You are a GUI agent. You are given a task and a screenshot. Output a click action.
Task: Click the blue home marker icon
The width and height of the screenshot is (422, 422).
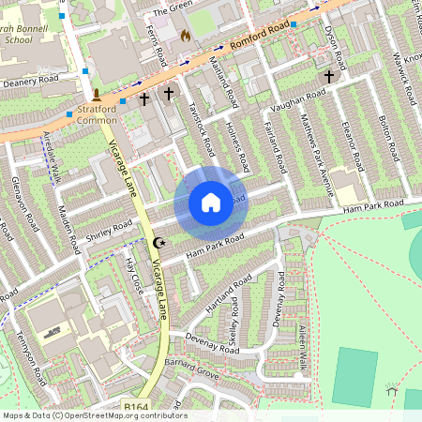tap(211, 202)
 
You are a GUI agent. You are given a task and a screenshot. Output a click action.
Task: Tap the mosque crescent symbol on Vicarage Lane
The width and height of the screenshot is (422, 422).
tap(158, 242)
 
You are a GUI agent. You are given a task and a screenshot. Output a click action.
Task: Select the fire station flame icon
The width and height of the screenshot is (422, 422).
tap(185, 36)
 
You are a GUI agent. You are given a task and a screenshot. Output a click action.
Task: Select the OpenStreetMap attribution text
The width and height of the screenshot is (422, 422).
tap(94, 415)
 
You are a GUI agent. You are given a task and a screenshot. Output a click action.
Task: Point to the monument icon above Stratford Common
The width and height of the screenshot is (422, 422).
tap(97, 94)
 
